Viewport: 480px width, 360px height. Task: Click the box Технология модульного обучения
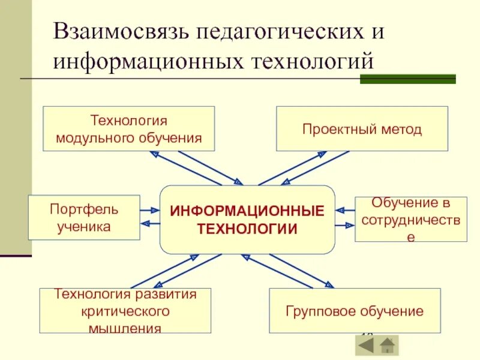(x=128, y=128)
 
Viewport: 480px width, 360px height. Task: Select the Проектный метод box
(x=362, y=128)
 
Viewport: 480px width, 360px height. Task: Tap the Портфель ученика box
(x=84, y=217)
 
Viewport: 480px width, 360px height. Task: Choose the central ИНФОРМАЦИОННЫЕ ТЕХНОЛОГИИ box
(x=247, y=220)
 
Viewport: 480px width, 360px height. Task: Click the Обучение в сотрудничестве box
(x=410, y=219)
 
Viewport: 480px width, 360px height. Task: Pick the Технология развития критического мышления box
(x=125, y=310)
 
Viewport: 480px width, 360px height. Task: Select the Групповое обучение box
(x=355, y=311)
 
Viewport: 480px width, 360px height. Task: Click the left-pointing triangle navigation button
(x=365, y=346)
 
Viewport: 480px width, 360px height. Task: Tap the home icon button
(x=388, y=346)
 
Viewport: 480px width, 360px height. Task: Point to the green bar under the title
(x=408, y=79)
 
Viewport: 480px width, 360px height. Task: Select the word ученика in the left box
(x=84, y=226)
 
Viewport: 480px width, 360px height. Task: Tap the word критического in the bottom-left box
(x=125, y=311)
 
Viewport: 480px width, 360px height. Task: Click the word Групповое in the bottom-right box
(x=319, y=311)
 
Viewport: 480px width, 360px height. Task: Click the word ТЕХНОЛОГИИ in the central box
(x=247, y=229)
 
